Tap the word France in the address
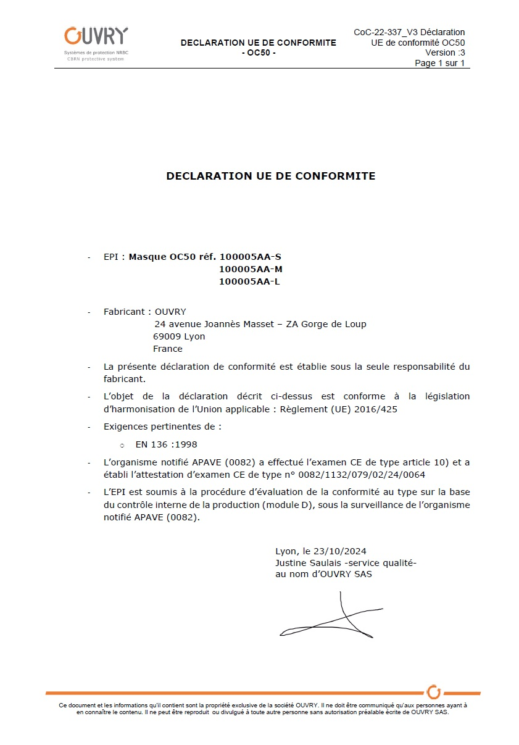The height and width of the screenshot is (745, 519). point(168,349)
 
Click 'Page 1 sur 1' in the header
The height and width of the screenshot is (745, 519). point(439,63)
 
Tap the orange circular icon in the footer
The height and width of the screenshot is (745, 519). point(434,691)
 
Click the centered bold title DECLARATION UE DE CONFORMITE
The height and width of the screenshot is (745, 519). point(270,177)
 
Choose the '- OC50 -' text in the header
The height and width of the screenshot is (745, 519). point(259,52)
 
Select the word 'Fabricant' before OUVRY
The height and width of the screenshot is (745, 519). point(124,312)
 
